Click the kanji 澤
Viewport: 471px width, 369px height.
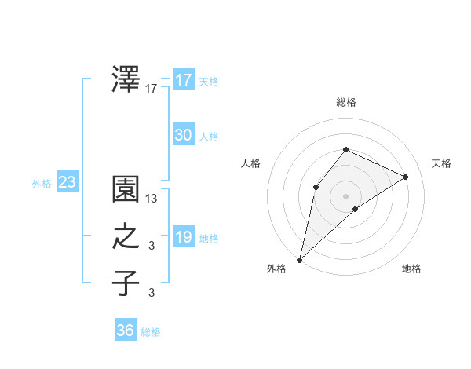pyautogui.click(x=126, y=79)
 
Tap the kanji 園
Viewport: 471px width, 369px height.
pyautogui.click(x=126, y=191)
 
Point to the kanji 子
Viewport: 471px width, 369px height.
pyautogui.click(x=126, y=283)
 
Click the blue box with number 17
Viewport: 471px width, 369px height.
pyautogui.click(x=184, y=79)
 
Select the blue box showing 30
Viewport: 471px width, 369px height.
pyautogui.click(x=184, y=135)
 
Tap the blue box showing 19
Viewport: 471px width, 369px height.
pyautogui.click(x=184, y=237)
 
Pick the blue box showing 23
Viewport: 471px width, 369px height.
pyautogui.click(x=68, y=183)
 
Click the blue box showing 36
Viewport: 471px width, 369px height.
pyautogui.click(x=126, y=331)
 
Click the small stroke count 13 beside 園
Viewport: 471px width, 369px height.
pyautogui.click(x=152, y=200)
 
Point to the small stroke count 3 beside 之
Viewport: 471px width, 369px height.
pyautogui.click(x=152, y=247)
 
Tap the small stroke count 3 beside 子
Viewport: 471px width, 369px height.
pyautogui.click(x=152, y=293)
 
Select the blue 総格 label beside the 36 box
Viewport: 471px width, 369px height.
pyautogui.click(x=151, y=332)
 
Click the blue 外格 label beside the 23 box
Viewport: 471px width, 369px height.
pyautogui.click(x=42, y=184)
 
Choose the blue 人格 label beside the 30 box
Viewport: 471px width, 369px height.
pyautogui.click(x=209, y=137)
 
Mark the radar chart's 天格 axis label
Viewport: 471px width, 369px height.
pyautogui.click(x=441, y=163)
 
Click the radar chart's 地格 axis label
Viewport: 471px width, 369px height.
pyautogui.click(x=411, y=269)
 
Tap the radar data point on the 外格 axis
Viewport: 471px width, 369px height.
pyautogui.click(x=299, y=259)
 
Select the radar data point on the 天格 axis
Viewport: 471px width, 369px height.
pyautogui.click(x=406, y=177)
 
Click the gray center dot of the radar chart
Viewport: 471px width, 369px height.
pyautogui.click(x=345, y=195)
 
